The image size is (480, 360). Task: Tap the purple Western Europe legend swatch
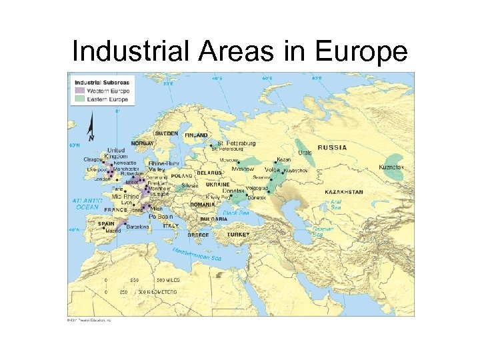79,90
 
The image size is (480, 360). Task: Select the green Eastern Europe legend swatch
79,99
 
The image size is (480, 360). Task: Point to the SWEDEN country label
166,133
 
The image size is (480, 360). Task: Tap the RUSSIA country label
331,147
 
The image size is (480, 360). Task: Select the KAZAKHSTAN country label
344,192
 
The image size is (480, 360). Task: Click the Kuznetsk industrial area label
391,167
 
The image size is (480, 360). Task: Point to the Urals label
305,153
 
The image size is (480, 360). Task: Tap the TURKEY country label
238,235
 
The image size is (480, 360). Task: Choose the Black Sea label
235,213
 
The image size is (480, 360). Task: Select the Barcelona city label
138,227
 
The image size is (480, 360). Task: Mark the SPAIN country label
106,223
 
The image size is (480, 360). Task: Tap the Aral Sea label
335,204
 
